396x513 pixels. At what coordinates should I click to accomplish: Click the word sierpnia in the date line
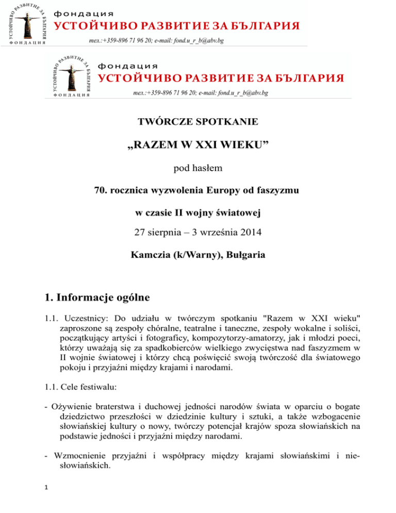pos(167,235)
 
